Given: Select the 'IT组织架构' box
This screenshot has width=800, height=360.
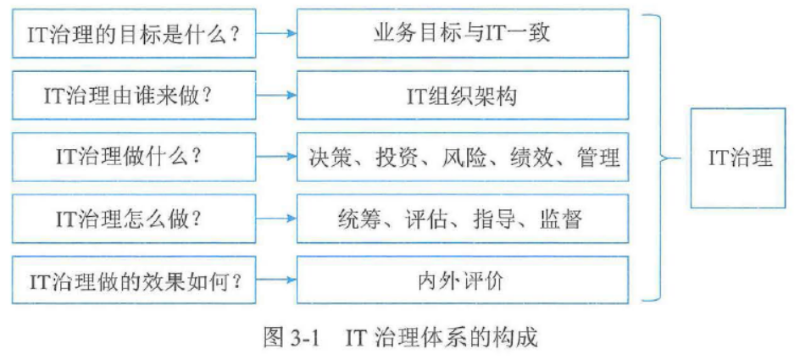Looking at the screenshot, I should [x=462, y=95].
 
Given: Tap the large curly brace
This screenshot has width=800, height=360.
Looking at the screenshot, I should [x=654, y=158].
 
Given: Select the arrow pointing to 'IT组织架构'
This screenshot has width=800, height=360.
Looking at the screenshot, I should [x=276, y=95].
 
